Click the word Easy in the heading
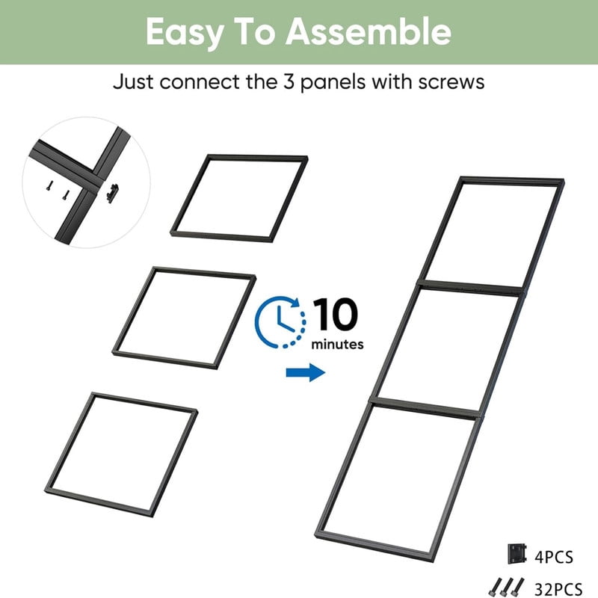185,33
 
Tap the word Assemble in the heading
369,31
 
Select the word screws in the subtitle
451,82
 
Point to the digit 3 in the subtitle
288,81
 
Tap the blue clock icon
280,322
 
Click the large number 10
336,315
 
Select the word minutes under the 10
338,345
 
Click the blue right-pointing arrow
306,372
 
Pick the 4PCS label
554,558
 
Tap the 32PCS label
558,589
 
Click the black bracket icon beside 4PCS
517,554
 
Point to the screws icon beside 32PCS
507,588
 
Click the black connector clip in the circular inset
113,194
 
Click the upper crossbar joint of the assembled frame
470,288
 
